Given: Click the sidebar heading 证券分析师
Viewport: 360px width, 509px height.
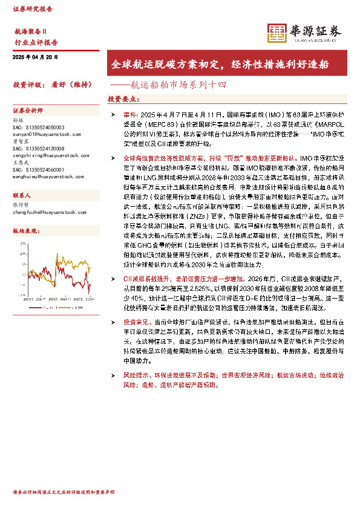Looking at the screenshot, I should tap(28, 111).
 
